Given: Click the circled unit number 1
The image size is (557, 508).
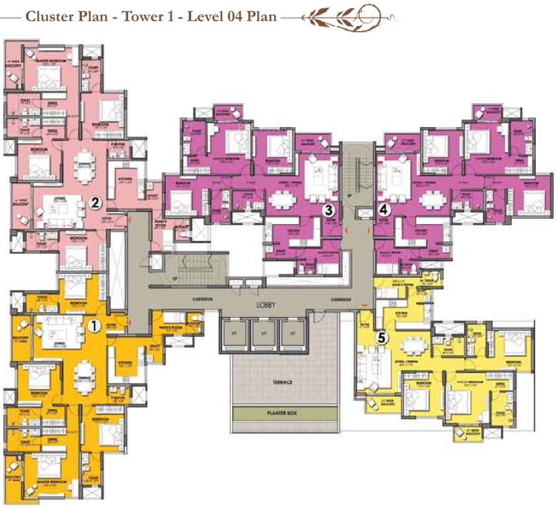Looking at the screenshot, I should [x=94, y=325].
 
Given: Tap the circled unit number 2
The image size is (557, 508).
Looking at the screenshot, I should [x=95, y=203].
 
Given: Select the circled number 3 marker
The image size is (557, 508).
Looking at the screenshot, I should [x=327, y=210].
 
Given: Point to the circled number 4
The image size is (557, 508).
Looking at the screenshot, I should [x=385, y=210].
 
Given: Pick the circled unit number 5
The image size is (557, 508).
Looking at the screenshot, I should [x=382, y=337].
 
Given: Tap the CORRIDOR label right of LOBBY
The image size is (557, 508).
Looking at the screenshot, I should [x=342, y=300].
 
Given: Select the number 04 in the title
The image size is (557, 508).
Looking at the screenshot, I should [x=217, y=16].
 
